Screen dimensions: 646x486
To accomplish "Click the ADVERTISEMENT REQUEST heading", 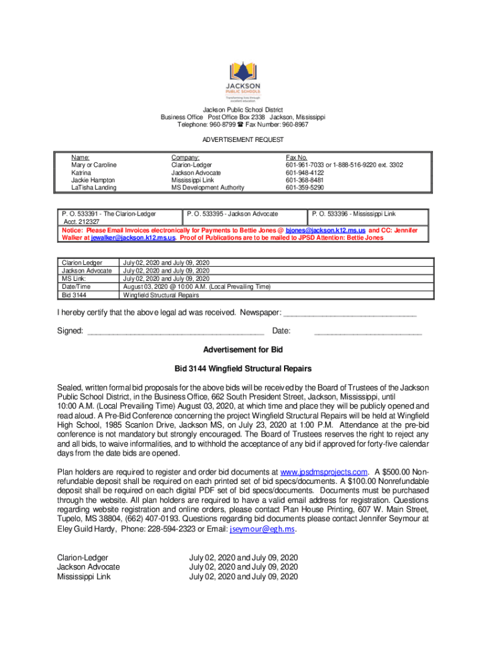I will click(243, 139).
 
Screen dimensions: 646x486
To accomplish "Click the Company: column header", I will click(186, 158).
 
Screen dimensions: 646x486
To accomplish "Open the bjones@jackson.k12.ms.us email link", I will click(326, 231).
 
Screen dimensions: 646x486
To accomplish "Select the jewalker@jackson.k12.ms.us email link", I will click(133, 238).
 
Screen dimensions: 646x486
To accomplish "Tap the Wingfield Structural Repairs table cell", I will click(161, 295).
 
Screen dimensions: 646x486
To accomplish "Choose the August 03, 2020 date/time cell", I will click(197, 286).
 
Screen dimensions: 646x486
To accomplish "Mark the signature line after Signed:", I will click(175, 331).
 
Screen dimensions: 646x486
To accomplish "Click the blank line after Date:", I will click(368, 331).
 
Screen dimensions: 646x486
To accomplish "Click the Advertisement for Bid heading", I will click(243, 349).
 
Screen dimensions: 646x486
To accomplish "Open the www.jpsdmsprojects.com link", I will click(324, 472).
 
